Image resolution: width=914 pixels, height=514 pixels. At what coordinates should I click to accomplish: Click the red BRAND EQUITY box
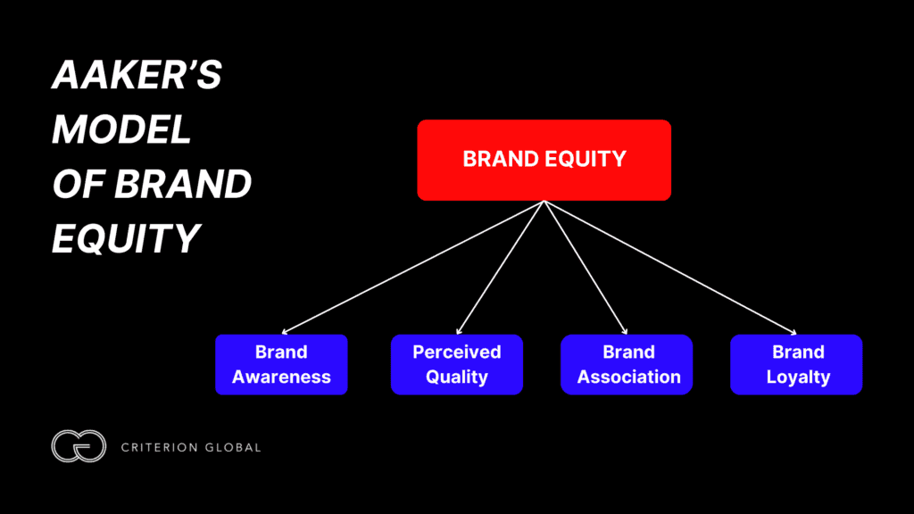point(544,160)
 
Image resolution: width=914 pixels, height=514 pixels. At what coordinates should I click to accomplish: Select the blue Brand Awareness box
point(281,364)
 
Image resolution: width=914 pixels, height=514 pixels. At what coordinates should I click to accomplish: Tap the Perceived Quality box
point(456,364)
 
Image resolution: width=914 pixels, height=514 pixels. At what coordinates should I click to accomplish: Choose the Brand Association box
point(627,364)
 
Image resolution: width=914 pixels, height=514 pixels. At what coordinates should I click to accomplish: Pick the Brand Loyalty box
point(796,364)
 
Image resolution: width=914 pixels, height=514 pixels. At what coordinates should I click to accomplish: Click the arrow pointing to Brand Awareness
point(411,269)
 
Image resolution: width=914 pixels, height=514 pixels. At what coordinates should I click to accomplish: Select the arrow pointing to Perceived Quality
point(500,269)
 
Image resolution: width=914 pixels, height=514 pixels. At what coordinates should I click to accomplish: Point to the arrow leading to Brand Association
point(586,269)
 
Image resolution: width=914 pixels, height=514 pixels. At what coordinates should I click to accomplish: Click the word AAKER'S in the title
point(136,78)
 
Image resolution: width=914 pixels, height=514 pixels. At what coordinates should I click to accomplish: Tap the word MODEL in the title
point(121,131)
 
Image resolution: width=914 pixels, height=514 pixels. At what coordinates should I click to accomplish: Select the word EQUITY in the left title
point(124,238)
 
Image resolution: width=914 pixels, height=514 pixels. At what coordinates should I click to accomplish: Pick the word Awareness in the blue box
point(281,377)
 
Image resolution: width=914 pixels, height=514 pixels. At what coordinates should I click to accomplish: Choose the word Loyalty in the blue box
point(797,377)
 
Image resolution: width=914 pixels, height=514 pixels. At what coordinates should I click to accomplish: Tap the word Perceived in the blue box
point(456,352)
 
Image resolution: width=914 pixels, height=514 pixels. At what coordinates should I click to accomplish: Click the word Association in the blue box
point(628,377)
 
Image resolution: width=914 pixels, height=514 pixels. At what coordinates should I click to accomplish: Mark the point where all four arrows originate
point(544,202)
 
